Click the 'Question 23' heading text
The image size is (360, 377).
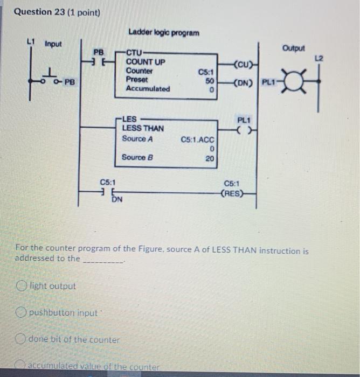(39, 11)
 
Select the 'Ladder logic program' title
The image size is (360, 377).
(163, 33)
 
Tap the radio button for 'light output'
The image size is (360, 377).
(22, 286)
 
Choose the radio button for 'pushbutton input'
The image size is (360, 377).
(22, 312)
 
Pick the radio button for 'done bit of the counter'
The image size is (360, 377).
(22, 339)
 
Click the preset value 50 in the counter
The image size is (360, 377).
(211, 80)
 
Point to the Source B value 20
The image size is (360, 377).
(210, 158)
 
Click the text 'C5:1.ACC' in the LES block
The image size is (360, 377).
(198, 140)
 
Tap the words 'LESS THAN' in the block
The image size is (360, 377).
(143, 128)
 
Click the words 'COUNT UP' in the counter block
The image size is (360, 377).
(146, 62)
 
